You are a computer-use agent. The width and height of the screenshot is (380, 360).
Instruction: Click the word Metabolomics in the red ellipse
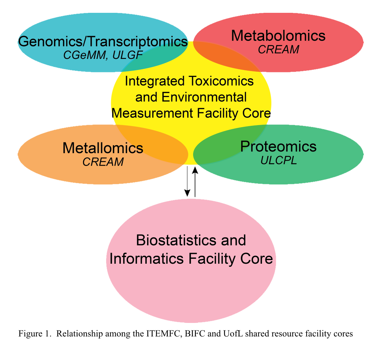pyautogui.click(x=278, y=36)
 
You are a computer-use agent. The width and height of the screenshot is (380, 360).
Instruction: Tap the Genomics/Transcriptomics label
pyautogui.click(x=103, y=42)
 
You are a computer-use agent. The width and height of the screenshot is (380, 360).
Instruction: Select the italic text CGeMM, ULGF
pyautogui.click(x=103, y=55)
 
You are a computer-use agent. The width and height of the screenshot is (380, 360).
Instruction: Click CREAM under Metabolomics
pyautogui.click(x=278, y=50)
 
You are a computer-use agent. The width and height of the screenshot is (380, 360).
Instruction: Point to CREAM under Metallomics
pyautogui.click(x=103, y=162)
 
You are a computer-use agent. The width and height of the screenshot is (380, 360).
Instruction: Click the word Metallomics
pyautogui.click(x=103, y=148)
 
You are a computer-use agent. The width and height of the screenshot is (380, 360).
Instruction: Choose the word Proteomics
pyautogui.click(x=278, y=146)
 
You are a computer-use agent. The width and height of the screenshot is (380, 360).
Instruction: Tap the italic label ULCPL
pyautogui.click(x=278, y=160)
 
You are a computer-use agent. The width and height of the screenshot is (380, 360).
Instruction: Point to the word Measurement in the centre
pyautogui.click(x=154, y=113)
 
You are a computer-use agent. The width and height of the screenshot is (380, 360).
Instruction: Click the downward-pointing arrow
pyautogui.click(x=187, y=182)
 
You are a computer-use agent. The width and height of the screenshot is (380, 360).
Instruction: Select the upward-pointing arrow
pyautogui.click(x=195, y=182)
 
